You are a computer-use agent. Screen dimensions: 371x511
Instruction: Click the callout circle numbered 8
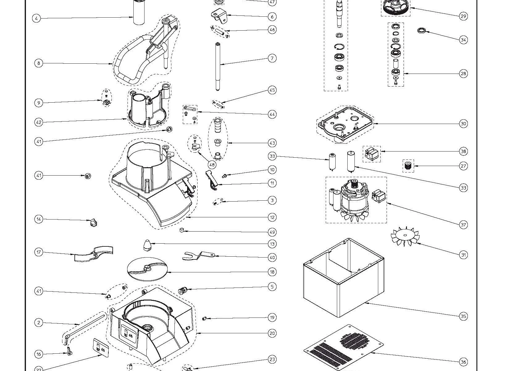pyautogui.click(x=39, y=63)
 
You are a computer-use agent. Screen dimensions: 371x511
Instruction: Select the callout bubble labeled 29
pyautogui.click(x=463, y=16)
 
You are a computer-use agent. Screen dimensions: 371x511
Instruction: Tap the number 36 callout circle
pyautogui.click(x=463, y=362)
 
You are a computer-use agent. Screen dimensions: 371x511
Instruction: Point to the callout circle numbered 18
pyautogui.click(x=272, y=272)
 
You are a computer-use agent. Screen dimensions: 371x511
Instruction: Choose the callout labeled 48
pyautogui.click(x=212, y=165)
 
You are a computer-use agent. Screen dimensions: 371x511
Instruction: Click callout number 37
pyautogui.click(x=463, y=225)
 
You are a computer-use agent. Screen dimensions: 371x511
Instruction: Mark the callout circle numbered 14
pyautogui.click(x=39, y=219)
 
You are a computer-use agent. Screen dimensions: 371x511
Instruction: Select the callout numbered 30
pyautogui.click(x=463, y=124)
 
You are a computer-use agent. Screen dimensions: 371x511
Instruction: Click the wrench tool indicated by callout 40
pyautogui.click(x=198, y=255)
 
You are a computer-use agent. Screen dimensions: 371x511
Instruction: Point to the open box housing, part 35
pyautogui.click(x=343, y=278)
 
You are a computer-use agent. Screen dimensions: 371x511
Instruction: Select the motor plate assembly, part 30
pyautogui.click(x=344, y=124)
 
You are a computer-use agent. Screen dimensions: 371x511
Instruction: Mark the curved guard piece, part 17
pyautogui.click(x=93, y=254)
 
